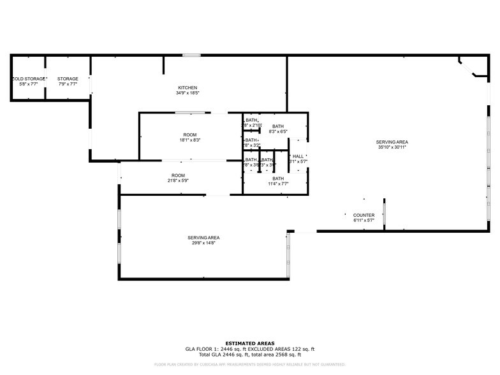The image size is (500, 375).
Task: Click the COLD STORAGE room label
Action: (27, 79)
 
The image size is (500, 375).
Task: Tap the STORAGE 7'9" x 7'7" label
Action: (68, 79)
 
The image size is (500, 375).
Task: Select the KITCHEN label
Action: (187, 87)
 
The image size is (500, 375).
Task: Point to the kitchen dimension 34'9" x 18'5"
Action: (187, 93)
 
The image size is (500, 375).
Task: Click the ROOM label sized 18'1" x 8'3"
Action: (190, 135)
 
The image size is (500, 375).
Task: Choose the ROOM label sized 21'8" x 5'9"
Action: (178, 175)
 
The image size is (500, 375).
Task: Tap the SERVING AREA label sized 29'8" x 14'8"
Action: (203, 237)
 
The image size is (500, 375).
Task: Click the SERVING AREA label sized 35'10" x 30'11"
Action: (392, 142)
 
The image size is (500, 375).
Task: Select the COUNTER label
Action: (364, 216)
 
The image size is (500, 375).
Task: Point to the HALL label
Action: (298, 156)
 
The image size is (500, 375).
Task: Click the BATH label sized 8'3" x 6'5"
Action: (278, 126)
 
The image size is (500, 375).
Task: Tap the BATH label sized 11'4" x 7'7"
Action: (278, 179)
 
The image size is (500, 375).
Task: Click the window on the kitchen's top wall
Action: (191, 55)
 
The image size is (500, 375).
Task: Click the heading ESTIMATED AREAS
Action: (250, 343)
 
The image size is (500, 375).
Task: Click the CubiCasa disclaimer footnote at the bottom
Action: (250, 365)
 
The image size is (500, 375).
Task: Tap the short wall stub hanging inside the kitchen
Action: (164, 64)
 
